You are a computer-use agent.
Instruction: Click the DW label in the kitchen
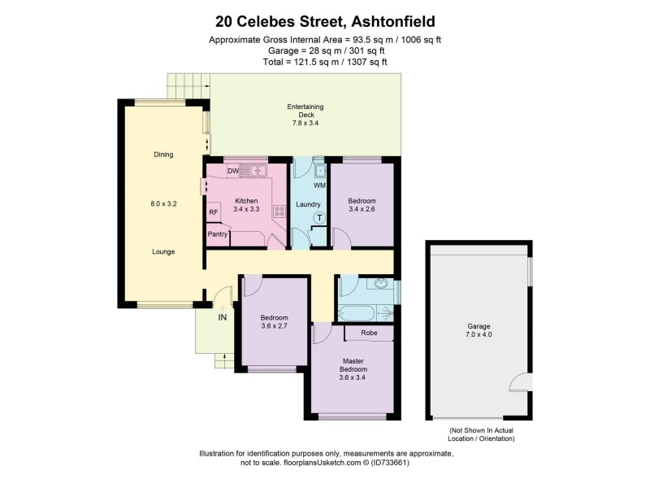[x=232, y=171]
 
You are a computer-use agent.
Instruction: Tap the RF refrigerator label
[x=214, y=213]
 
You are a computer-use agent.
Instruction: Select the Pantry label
[x=218, y=235]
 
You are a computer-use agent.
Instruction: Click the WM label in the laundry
[x=319, y=186]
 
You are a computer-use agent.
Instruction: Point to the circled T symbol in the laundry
[x=318, y=217]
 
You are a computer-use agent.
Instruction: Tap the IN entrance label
[x=222, y=317]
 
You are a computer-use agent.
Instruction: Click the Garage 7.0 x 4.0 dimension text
[x=479, y=334]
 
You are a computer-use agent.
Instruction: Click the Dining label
[x=163, y=155]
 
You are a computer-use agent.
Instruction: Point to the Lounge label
[x=163, y=251]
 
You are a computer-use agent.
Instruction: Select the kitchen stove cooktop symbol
[x=279, y=210]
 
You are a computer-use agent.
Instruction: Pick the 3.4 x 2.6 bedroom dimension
[x=362, y=210]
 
